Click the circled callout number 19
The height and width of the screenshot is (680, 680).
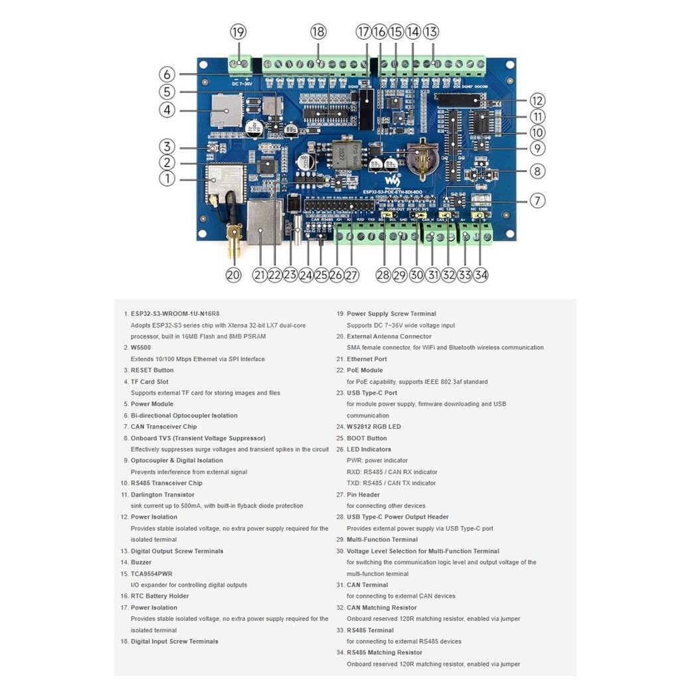(238, 32)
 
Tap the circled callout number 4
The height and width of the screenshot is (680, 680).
(167, 110)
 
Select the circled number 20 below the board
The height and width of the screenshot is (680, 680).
(233, 275)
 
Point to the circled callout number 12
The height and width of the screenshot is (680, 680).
(537, 101)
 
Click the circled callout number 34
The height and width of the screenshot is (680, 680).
(481, 275)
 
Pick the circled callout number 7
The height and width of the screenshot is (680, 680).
(537, 200)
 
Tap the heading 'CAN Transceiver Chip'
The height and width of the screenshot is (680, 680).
(163, 427)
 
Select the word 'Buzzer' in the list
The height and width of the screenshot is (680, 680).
(141, 562)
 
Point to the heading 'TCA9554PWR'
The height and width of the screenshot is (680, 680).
(152, 573)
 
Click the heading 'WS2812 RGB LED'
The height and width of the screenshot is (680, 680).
(374, 427)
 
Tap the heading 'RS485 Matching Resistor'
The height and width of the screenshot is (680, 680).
(384, 653)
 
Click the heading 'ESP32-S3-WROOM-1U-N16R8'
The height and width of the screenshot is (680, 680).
(175, 313)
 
